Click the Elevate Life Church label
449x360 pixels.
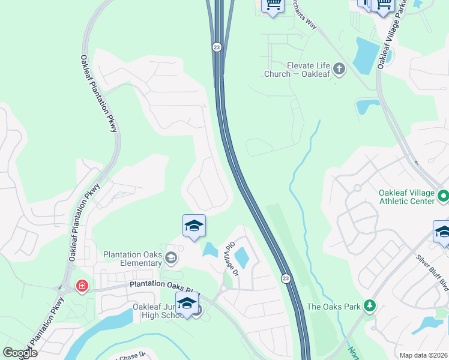pos(297,69)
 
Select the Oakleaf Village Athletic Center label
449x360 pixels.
pos(406,197)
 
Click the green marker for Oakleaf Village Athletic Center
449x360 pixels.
pos(443,196)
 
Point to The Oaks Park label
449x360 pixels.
pos(334,307)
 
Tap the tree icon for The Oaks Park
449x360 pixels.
pos(370,307)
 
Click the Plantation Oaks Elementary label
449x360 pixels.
pos(133,259)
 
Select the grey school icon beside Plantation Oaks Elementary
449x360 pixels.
pos(171,259)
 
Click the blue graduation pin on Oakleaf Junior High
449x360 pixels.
pos(187,303)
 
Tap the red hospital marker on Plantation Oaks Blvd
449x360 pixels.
pos(81,287)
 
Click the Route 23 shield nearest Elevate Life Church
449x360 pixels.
pos(215,47)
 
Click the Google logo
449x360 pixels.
pos(20,353)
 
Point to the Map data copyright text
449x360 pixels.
pos(424,355)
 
